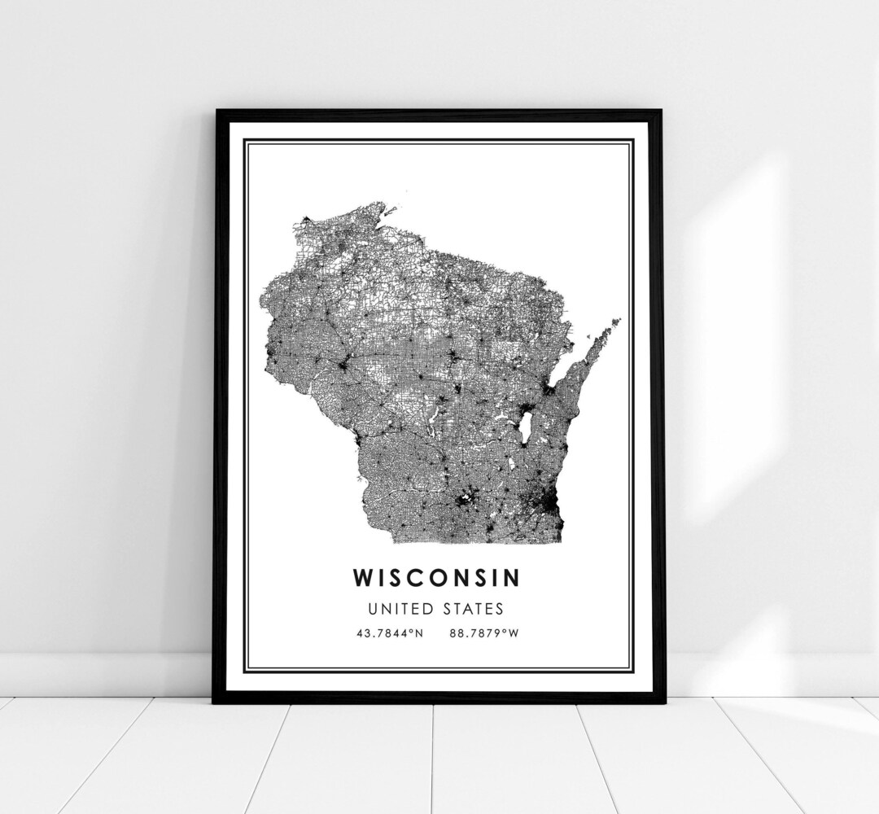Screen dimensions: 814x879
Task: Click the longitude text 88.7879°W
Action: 483,632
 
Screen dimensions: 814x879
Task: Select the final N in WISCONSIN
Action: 510,577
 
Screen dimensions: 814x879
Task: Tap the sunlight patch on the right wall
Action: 732,326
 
